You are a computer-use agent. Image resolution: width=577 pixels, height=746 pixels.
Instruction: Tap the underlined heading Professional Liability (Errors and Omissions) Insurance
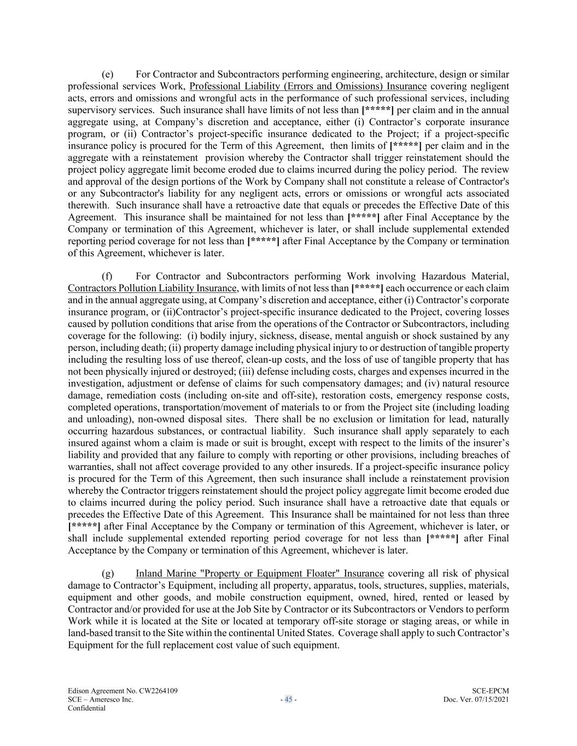pyautogui.click(x=308, y=86)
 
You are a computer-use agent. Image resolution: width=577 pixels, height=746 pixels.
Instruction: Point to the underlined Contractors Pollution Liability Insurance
pyautogui.click(x=152, y=289)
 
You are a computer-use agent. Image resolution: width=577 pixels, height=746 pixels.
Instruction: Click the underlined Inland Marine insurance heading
pyautogui.click(x=260, y=574)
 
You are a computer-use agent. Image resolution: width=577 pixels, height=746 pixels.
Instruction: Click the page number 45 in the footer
pyautogui.click(x=288, y=700)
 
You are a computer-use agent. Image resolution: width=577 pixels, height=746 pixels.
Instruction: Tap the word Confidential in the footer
pyautogui.click(x=86, y=708)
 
